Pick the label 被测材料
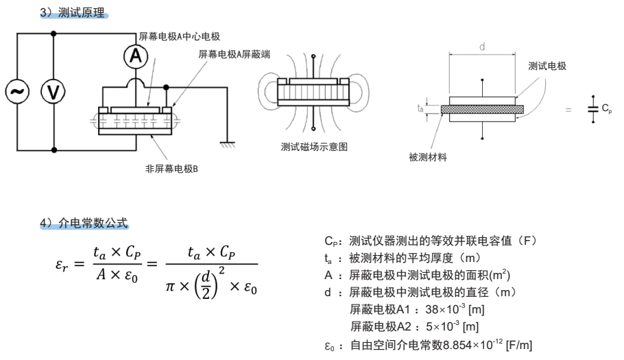[428, 157]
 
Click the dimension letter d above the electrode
[482, 47]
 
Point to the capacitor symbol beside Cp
[592, 110]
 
